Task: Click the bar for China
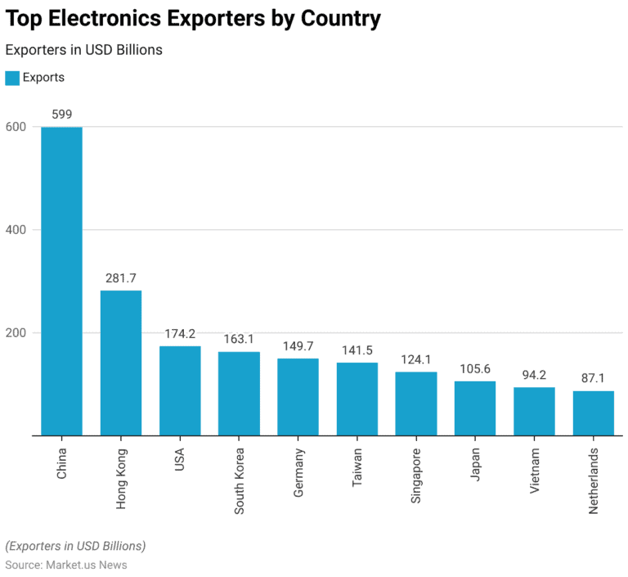tap(62, 281)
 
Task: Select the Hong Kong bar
tap(121, 363)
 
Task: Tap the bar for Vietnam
tap(534, 411)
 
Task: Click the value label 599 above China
tap(62, 115)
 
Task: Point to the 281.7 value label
tap(121, 278)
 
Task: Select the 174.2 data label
tap(180, 334)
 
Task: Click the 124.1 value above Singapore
tap(416, 359)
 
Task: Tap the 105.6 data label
tap(475, 369)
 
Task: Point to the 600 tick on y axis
tap(16, 127)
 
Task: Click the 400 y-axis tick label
tap(16, 230)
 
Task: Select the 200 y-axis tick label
tap(16, 333)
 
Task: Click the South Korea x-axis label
tap(240, 480)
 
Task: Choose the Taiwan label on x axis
tap(357, 468)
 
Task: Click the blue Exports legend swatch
tap(12, 78)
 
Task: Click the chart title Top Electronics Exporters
tap(193, 19)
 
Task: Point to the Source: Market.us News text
tap(66, 565)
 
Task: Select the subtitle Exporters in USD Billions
tap(84, 50)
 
